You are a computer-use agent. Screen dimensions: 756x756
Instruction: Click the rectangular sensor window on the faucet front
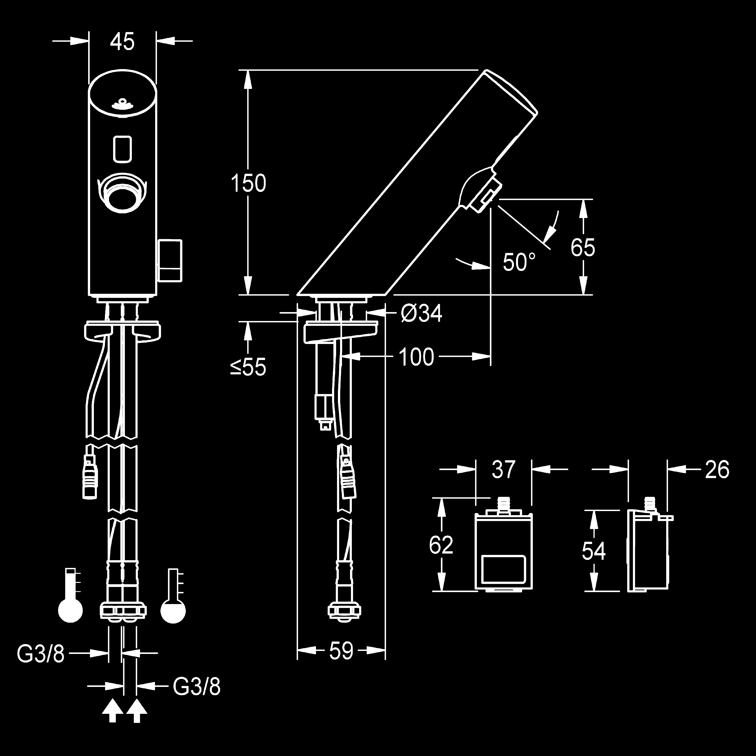[122, 149]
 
